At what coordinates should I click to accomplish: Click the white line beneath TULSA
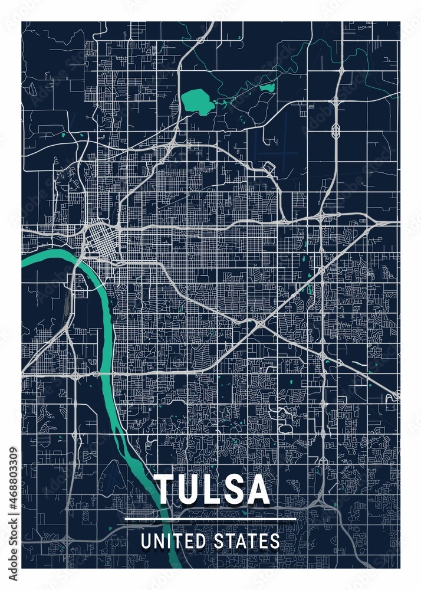tap(210, 520)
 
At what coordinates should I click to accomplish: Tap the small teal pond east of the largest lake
tap(267, 88)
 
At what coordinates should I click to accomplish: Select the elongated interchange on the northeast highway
tap(336, 130)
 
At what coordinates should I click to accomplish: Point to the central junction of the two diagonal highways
tap(259, 323)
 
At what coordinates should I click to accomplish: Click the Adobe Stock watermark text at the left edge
tap(14, 548)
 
